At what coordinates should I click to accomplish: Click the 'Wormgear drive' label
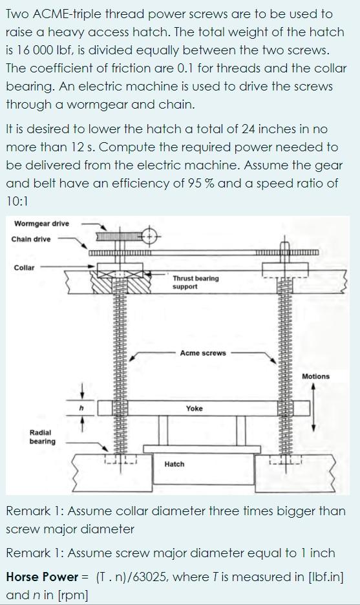[41, 224]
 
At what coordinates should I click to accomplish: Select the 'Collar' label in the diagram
[24, 267]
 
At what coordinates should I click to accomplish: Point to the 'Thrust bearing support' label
[195, 282]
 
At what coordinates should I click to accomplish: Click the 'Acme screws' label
[203, 353]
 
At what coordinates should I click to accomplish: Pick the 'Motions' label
[315, 376]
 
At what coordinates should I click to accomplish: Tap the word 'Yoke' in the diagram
[194, 409]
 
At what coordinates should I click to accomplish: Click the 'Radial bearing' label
[43, 436]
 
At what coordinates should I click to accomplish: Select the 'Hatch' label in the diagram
[175, 464]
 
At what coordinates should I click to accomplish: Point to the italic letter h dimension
[82, 408]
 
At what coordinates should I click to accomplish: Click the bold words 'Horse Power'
[41, 576]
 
